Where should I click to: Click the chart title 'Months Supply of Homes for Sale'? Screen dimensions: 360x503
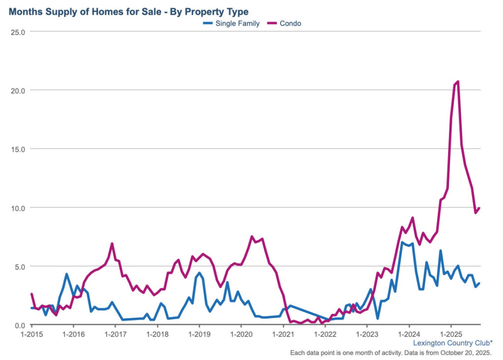coord(128,11)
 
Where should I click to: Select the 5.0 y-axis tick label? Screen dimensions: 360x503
coord(20,266)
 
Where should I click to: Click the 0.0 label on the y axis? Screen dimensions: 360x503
coord(20,325)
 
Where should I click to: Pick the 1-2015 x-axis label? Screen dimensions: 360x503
coord(32,334)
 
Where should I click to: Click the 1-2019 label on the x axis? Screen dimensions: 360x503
coord(199,334)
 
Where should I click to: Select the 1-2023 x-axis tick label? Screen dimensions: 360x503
coord(366,334)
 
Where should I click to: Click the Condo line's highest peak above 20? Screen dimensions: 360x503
coord(458,82)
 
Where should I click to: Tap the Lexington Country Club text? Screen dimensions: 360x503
coord(452,343)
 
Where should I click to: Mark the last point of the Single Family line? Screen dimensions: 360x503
coord(479,283)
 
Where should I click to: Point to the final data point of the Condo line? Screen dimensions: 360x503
coord(479,208)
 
